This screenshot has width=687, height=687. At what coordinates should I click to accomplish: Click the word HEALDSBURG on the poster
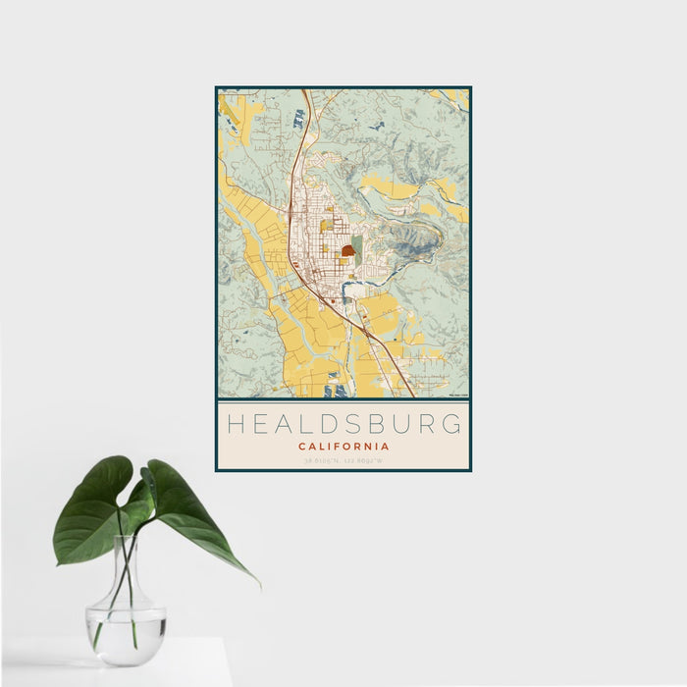[343, 424]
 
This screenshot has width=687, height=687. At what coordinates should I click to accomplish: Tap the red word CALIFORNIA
[343, 447]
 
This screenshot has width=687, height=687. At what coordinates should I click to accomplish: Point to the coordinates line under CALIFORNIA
[343, 460]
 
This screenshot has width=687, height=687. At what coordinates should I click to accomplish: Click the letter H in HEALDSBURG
[235, 424]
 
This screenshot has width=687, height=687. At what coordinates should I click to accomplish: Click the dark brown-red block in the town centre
[347, 250]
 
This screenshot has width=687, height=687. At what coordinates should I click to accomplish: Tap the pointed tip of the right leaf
[258, 585]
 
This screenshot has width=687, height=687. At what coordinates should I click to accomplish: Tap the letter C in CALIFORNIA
[301, 447]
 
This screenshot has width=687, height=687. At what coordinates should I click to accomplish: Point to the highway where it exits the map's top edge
[306, 92]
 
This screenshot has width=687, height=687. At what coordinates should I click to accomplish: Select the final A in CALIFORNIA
[386, 447]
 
